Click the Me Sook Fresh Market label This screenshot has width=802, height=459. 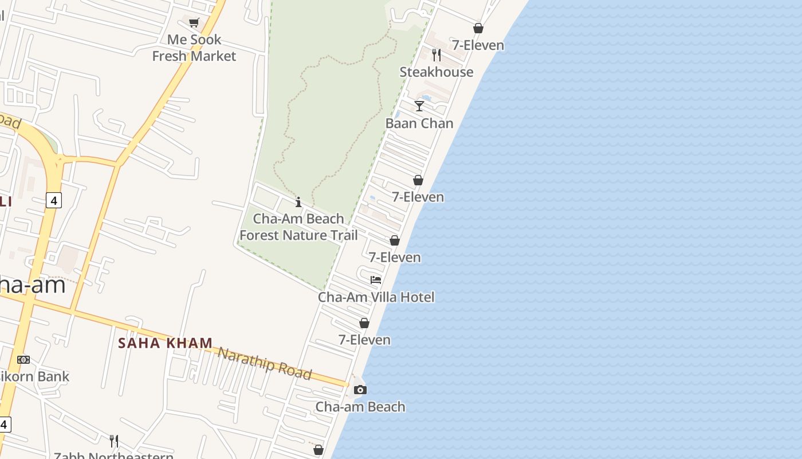coord(194,48)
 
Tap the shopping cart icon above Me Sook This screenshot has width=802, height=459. coord(194,22)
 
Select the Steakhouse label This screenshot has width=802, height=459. coord(437,72)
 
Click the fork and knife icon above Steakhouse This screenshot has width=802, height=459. coord(437,55)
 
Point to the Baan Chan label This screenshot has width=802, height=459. coord(419,123)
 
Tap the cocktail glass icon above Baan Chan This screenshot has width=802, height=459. coord(419,106)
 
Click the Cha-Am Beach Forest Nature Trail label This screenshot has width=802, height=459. coord(298,227)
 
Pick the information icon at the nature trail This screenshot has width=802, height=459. coord(298,202)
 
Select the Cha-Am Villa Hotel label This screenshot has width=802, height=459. coord(376,297)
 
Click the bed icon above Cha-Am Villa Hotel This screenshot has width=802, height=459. coord(376,280)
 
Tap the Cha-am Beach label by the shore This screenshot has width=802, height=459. coord(360,407)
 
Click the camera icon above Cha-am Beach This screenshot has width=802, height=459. coord(360,390)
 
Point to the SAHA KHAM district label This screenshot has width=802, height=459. coord(165,343)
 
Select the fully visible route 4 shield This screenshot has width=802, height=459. coord(54,200)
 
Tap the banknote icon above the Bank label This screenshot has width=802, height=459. coord(23,360)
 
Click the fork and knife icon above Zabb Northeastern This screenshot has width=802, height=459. coord(114,441)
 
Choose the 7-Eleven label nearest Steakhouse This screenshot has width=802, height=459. coord(478,45)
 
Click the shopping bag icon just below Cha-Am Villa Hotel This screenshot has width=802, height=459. coord(364,324)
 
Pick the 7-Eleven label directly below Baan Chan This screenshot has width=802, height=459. coord(418,197)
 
